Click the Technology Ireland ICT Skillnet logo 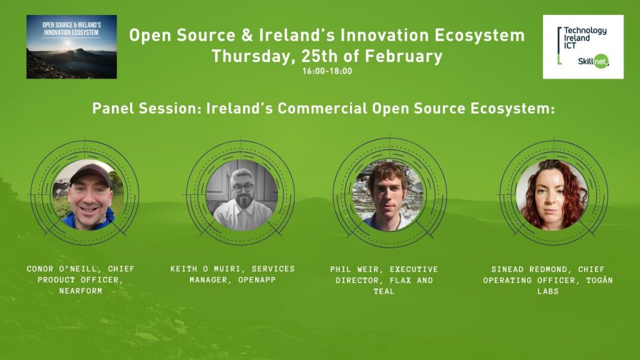583,47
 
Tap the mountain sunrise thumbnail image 71,47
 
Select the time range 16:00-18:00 327,71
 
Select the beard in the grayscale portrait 244,202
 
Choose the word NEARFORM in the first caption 81,291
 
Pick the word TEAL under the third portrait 384,291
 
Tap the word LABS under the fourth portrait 547,291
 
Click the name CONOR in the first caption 40,269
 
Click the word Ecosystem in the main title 479,36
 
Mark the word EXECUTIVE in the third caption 414,269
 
